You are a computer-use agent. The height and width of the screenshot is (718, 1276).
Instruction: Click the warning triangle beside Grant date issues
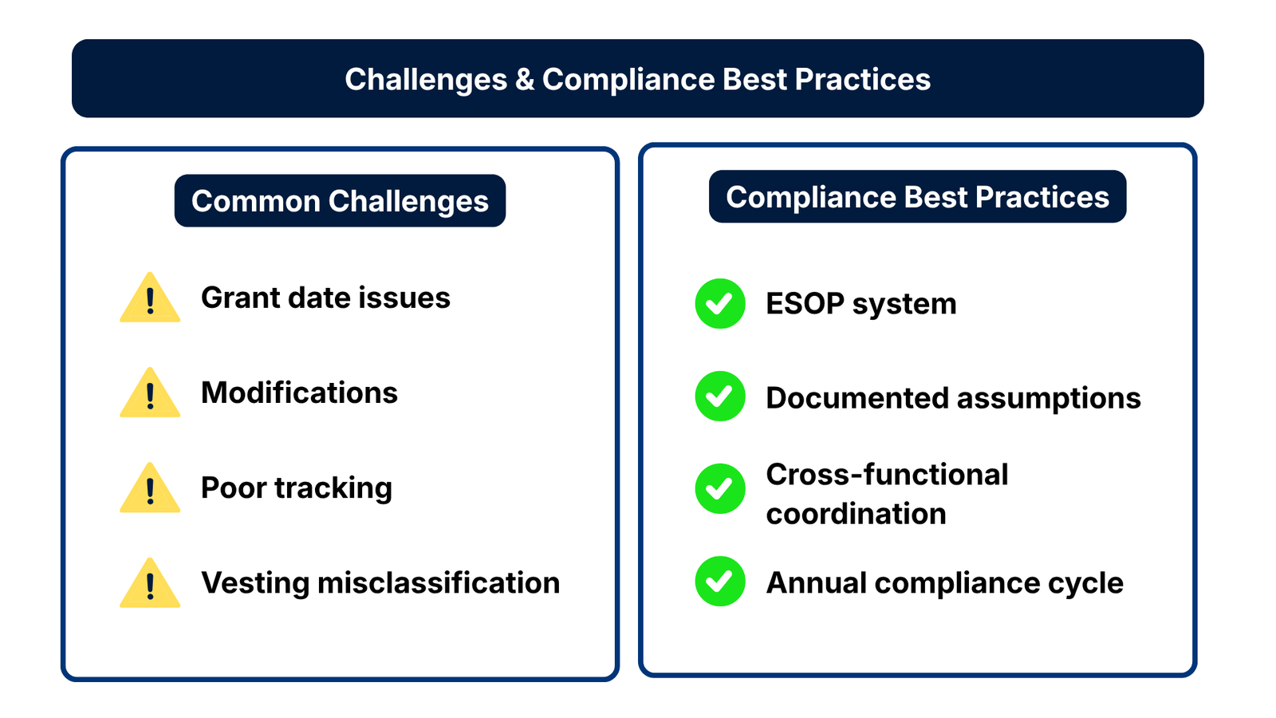coord(150,298)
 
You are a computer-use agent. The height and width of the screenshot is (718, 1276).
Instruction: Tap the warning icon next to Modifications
coord(150,393)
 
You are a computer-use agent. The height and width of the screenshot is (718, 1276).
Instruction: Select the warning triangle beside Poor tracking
coord(150,488)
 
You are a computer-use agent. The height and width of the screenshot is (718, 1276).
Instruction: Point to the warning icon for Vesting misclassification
coord(150,583)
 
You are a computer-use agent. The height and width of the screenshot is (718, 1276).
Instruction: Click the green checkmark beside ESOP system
coord(720,304)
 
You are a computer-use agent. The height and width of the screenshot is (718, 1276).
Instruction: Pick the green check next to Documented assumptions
coord(720,396)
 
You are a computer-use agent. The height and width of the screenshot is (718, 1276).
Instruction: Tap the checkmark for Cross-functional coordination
coord(720,489)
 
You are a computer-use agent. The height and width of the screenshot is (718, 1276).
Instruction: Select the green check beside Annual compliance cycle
coord(720,582)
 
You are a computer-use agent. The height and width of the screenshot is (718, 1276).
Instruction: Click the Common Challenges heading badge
coord(340,200)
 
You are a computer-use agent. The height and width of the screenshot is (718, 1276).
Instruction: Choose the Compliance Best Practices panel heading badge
coord(918,196)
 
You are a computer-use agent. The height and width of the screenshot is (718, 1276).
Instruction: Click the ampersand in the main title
coord(524,79)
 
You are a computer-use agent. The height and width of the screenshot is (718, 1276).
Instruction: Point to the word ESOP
coord(805,304)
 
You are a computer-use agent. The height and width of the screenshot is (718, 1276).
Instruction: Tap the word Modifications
coord(300,393)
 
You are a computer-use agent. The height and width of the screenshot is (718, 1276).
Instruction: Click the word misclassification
coord(439,583)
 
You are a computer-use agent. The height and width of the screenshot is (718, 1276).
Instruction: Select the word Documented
coord(857,398)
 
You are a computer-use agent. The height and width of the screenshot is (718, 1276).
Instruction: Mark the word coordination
coord(857,514)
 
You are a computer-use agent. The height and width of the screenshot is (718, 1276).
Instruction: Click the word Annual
coord(817,583)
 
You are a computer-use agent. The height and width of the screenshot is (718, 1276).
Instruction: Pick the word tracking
coord(333,488)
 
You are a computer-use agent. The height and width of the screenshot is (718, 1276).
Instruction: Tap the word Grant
coord(240,298)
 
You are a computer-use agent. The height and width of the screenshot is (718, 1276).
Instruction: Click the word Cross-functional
coord(887,475)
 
